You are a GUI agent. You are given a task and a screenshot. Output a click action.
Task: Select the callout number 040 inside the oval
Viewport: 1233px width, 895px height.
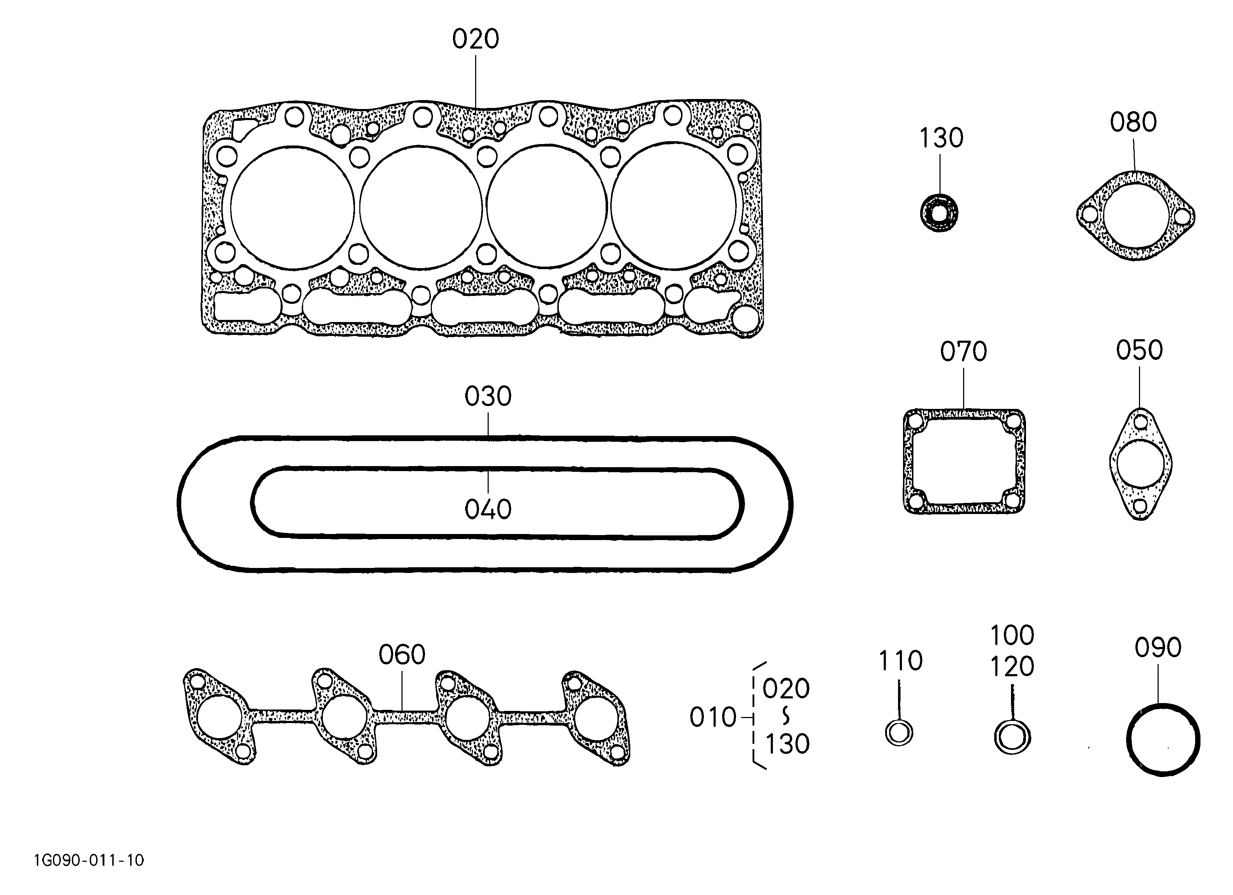coord(488,510)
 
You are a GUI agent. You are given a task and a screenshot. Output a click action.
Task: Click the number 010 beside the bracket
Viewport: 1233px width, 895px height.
coord(713,718)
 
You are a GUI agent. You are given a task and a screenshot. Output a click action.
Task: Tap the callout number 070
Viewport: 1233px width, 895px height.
coord(963,352)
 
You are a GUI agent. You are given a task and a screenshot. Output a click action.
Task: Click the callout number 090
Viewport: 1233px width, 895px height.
coord(1158,648)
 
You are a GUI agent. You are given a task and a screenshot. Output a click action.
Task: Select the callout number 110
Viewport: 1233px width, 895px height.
coord(901,661)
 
